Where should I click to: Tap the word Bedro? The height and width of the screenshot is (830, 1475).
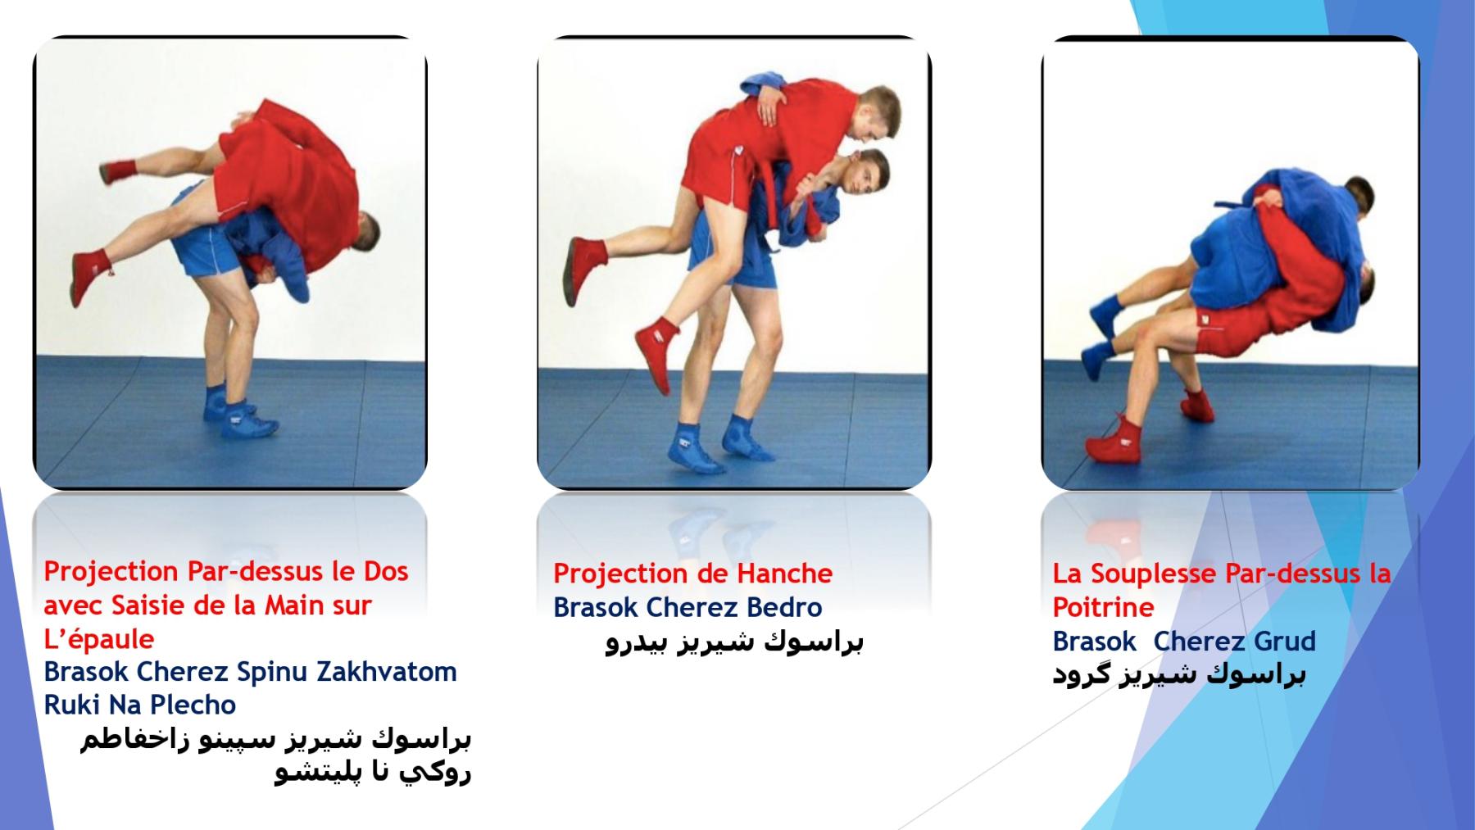coord(784,607)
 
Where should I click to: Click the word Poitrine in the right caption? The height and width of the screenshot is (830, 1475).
coord(1103,607)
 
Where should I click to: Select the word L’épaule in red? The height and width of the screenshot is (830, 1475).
coord(98,639)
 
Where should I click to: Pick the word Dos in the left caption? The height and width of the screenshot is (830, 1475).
coord(386,571)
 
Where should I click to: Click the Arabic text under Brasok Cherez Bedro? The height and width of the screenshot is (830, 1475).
coord(734,642)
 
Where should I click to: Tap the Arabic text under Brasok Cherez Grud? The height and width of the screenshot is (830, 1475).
coord(1179,675)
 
